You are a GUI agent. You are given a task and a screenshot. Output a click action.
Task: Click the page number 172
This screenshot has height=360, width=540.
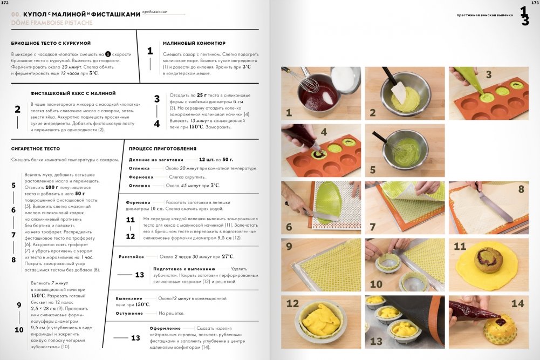tap(5, 3)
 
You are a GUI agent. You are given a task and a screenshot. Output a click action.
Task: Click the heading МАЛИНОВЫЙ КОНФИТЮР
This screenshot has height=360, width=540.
tap(194, 43)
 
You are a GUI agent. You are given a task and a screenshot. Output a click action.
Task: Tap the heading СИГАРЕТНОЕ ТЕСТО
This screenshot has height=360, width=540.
tap(36, 149)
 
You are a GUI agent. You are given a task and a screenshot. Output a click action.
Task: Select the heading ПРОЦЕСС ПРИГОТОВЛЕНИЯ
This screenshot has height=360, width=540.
tap(162, 149)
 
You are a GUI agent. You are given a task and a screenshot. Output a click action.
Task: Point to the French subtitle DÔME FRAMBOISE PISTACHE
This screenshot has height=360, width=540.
tap(52, 23)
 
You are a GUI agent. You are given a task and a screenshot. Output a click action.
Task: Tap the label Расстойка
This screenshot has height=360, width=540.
tap(131, 257)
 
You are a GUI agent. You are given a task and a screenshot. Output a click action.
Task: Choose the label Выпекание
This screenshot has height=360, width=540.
tap(129, 298)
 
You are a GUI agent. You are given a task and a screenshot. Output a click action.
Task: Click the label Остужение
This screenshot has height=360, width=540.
tap(129, 314)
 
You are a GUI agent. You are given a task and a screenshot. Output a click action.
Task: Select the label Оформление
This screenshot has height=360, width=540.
tap(165, 328)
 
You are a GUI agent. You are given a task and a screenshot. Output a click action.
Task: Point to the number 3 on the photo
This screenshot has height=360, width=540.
tap(488, 74)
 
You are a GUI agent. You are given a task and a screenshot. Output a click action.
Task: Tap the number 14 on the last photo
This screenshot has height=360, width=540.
tap(517, 303)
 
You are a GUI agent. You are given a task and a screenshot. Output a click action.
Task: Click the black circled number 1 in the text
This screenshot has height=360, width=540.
tap(108, 54)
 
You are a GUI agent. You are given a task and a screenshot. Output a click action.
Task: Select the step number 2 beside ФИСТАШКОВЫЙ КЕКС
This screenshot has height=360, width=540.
tap(18, 110)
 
